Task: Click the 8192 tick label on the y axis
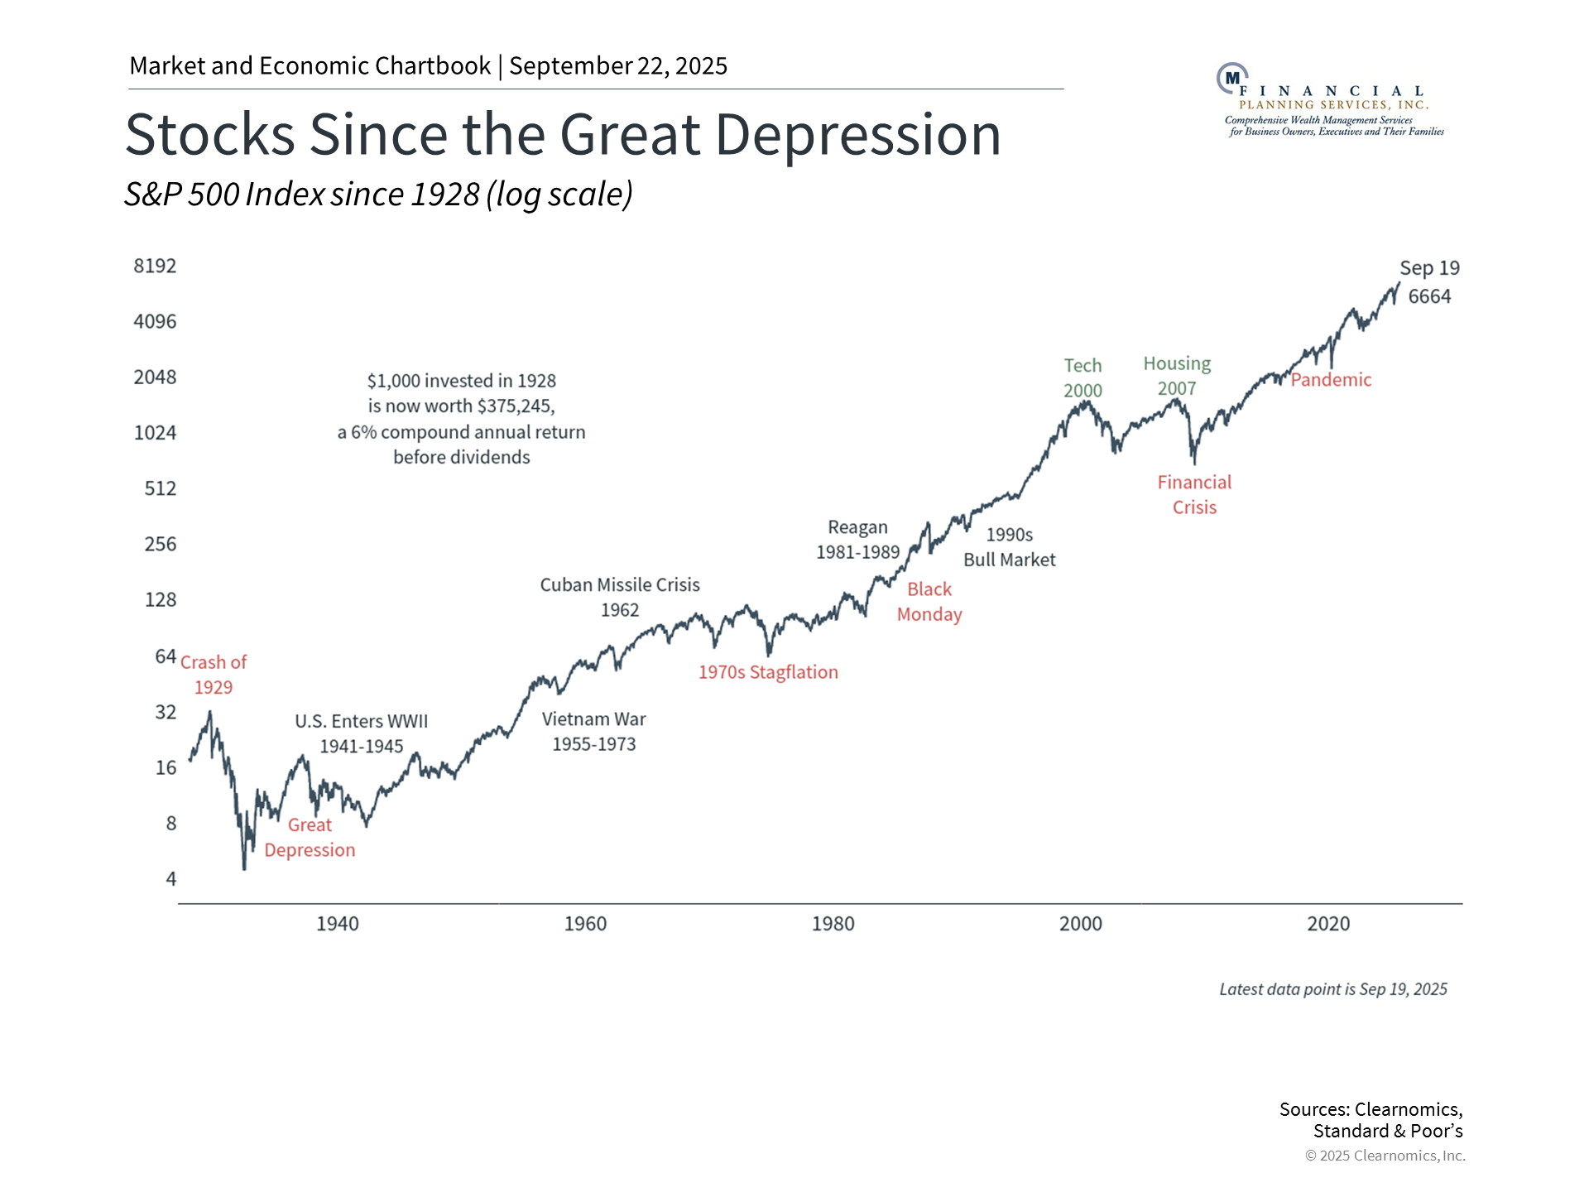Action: pos(155,266)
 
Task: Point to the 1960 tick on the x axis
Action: pos(585,924)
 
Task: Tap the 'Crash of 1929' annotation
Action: pos(214,675)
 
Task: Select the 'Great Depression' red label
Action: pos(310,838)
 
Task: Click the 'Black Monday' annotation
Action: pos(929,602)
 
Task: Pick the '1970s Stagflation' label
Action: pos(768,672)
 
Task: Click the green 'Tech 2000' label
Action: pos(1083,377)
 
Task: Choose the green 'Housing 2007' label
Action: pos(1177,376)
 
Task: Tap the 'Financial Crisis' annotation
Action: pos(1194,494)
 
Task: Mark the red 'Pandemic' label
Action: pos(1331,380)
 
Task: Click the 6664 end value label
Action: pos(1429,296)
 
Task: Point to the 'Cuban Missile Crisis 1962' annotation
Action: pos(620,597)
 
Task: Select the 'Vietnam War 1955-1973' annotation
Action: pos(594,731)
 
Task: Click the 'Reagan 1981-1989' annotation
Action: pos(857,540)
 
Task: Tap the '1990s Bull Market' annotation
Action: pos(1009,547)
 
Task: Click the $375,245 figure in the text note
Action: pos(516,406)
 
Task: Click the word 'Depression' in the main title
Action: pos(858,134)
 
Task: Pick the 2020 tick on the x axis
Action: pos(1328,924)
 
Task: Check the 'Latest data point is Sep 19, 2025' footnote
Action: pos(1332,989)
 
